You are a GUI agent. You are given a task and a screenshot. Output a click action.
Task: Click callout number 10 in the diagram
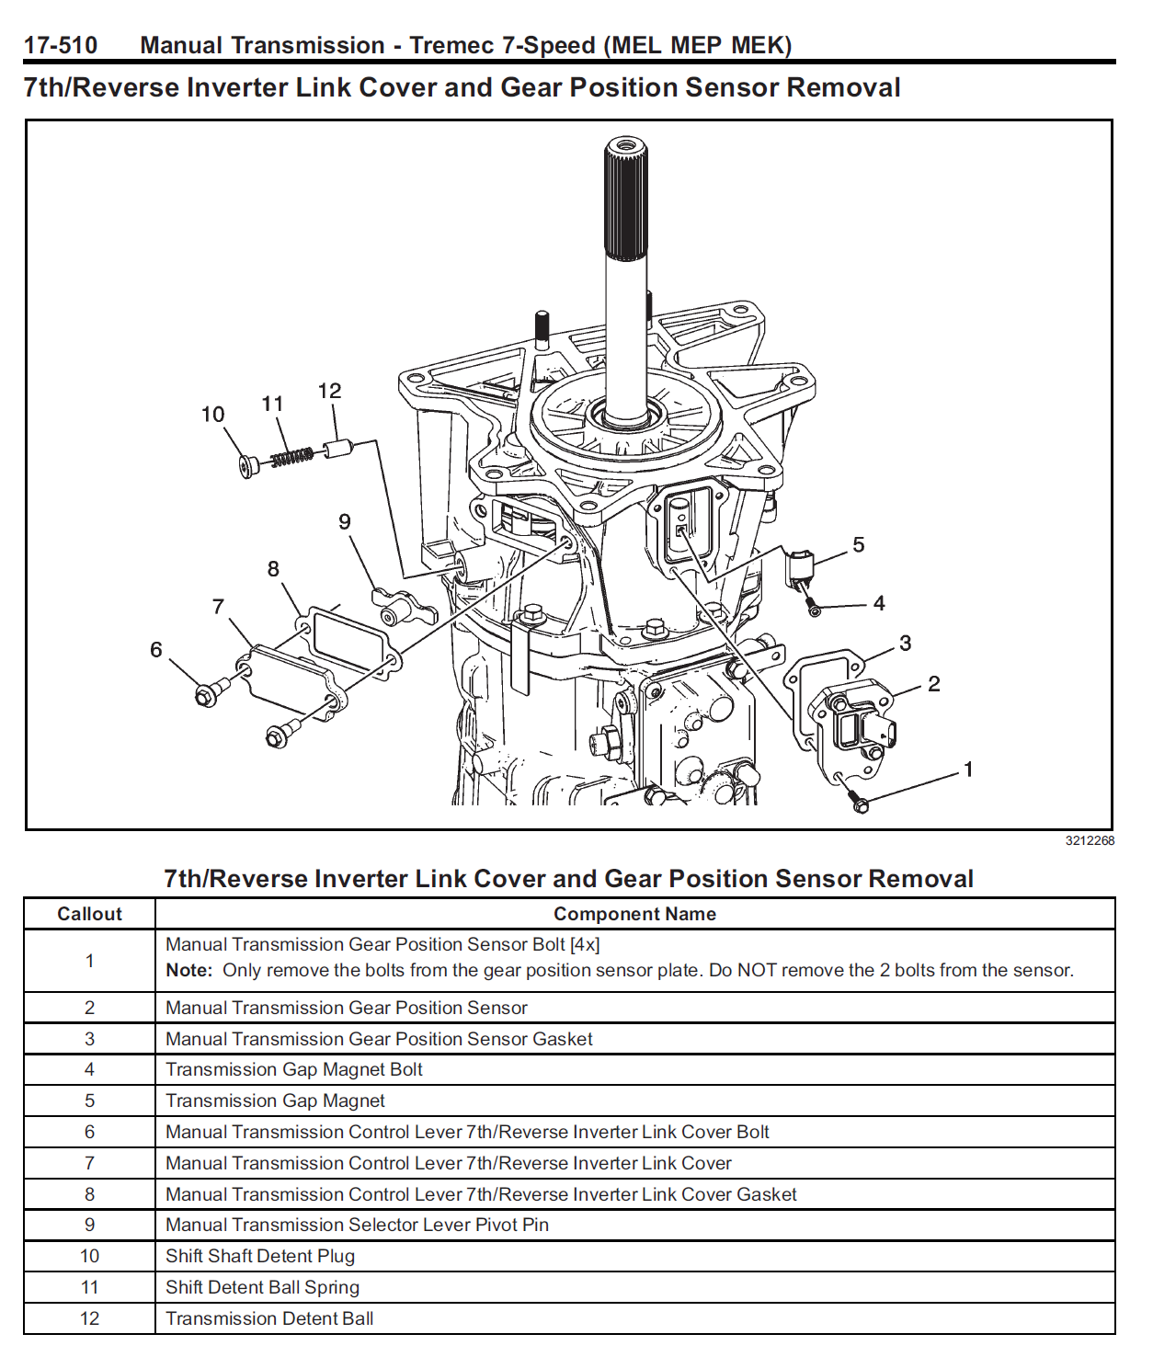coord(212,415)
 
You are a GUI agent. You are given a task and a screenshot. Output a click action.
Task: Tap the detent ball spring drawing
coord(291,456)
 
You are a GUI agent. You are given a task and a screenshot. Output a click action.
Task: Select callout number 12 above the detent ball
coord(329,391)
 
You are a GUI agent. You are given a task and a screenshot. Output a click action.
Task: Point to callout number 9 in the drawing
coord(345,522)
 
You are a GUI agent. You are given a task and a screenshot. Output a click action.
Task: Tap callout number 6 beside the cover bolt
coord(156,650)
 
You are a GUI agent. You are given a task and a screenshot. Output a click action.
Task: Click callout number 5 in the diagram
coord(858,545)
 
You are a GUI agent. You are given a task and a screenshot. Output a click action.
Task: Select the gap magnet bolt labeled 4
coord(812,608)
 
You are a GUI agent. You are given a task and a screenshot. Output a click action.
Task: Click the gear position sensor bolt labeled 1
coord(860,804)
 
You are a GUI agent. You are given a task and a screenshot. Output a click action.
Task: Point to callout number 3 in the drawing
coord(905,644)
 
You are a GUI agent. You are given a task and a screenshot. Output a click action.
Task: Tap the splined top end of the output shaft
coord(625,198)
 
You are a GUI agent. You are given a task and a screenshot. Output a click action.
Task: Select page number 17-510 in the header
coord(61,45)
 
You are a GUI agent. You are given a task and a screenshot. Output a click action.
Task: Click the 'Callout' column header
coord(89,914)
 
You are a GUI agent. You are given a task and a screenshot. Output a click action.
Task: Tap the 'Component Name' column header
coord(634,914)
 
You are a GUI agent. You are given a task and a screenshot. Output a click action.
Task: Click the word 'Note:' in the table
coord(188,971)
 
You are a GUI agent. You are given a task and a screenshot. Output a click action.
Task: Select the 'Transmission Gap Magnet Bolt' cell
coord(294,1069)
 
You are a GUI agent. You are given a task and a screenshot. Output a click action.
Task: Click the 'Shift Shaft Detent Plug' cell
coord(260,1256)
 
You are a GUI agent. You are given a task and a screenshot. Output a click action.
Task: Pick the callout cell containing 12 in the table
coord(89,1318)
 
